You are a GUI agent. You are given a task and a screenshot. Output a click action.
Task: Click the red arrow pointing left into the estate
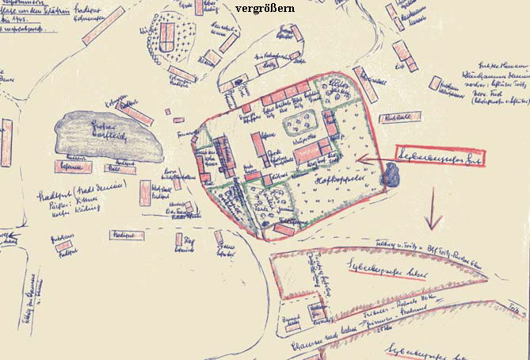tap(372, 159)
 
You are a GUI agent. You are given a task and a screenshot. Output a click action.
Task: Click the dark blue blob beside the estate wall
tap(391, 174)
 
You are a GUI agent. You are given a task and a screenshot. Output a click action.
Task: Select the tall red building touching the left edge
tap(6, 143)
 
